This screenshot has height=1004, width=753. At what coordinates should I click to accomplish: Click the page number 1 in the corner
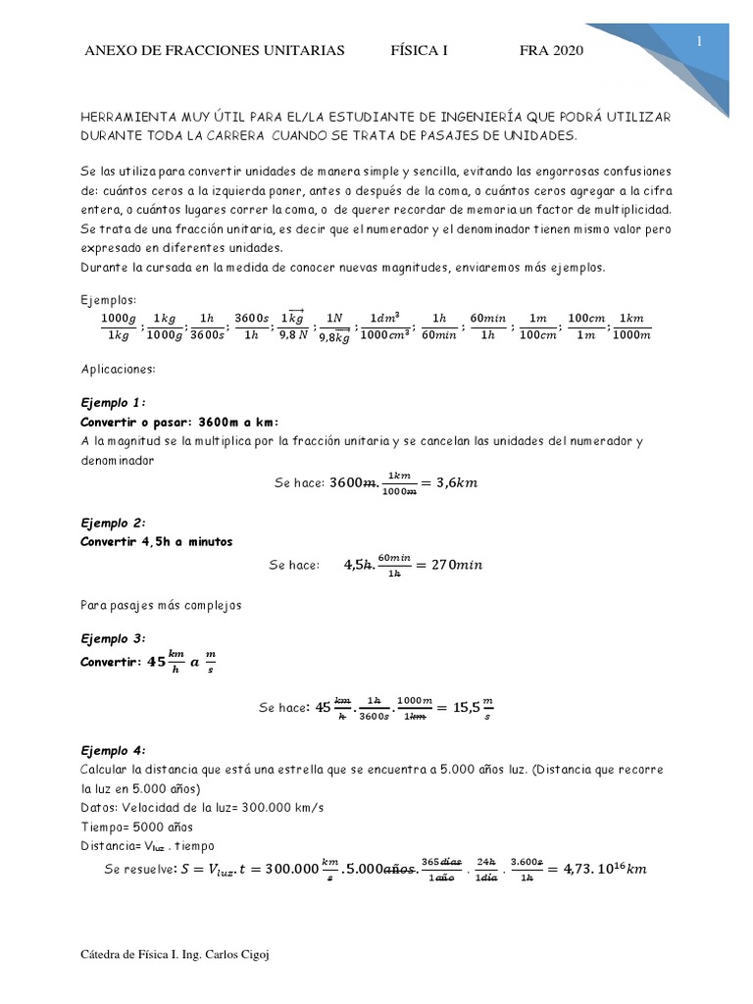coord(699,40)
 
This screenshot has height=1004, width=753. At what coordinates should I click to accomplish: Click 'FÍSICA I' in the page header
coord(420,51)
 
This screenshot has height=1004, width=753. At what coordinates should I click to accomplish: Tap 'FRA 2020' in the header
coord(551,51)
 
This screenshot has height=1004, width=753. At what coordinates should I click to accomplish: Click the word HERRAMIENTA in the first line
coord(126,117)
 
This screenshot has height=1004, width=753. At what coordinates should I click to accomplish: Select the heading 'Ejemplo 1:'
coord(113,402)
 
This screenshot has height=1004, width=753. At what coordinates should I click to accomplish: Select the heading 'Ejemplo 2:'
coord(113,523)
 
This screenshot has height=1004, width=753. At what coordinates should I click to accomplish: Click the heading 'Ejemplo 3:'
coord(113,637)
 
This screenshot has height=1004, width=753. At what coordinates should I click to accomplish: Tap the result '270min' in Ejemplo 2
coord(452,566)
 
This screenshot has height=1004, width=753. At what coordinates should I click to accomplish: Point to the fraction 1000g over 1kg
coord(120,326)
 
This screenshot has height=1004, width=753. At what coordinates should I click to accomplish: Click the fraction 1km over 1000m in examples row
coord(630,326)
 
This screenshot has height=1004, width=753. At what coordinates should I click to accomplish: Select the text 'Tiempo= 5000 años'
coord(139,827)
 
